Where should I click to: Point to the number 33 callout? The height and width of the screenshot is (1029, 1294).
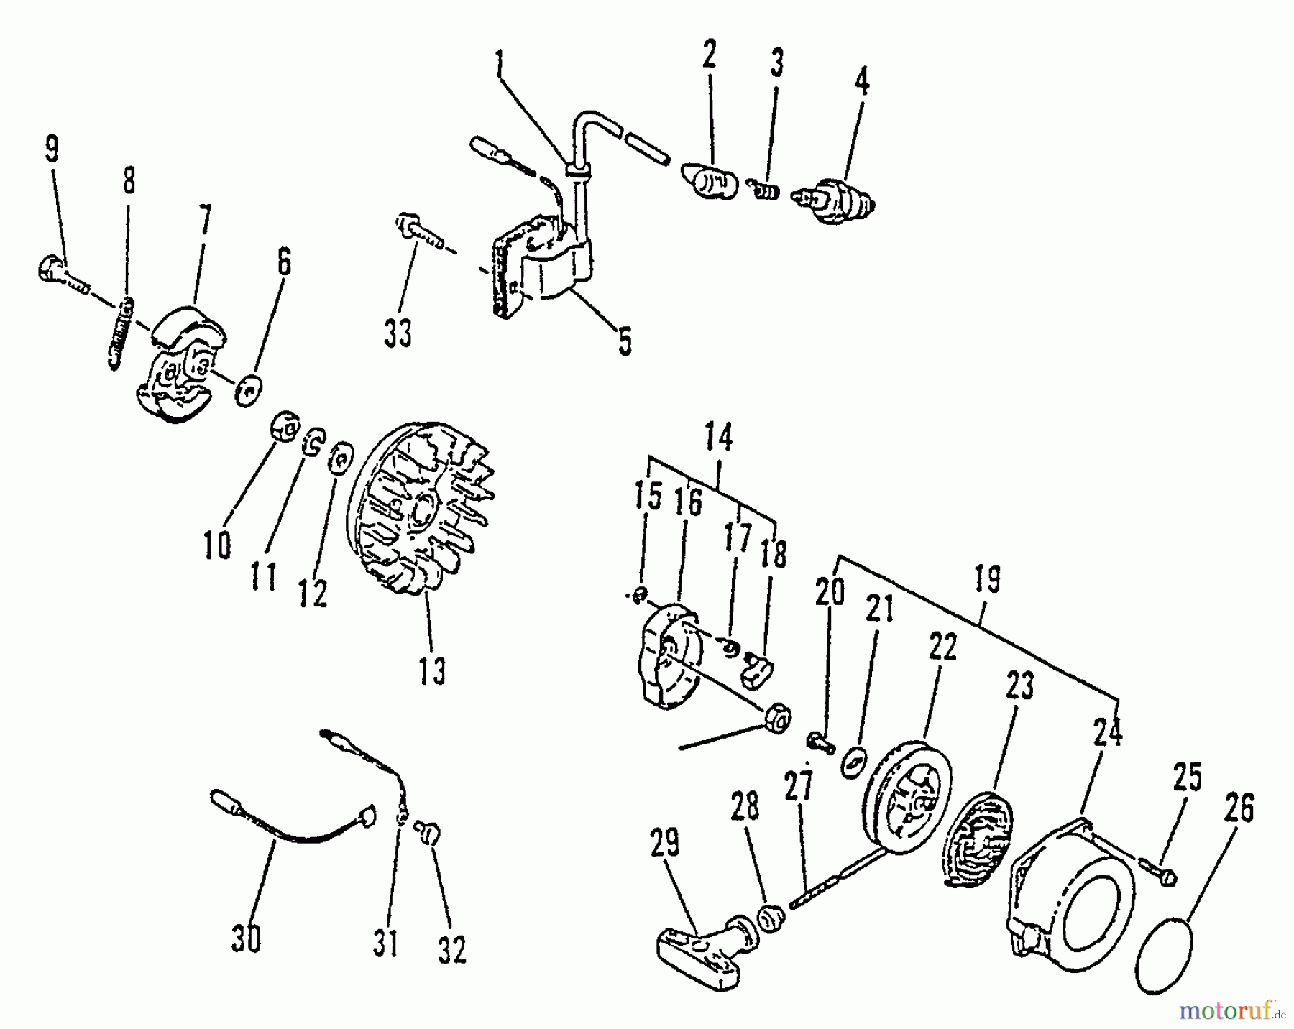point(398,333)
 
